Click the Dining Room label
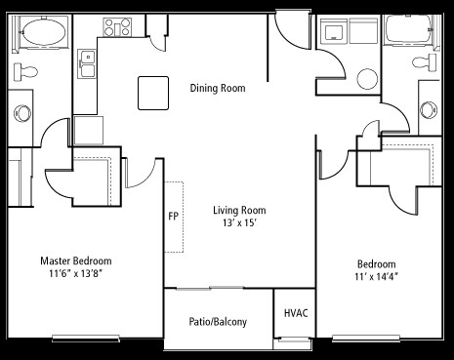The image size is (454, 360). (x=218, y=88)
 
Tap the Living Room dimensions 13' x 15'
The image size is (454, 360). (x=239, y=223)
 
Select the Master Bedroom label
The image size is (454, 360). (x=76, y=260)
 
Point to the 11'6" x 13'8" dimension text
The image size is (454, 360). (x=76, y=273)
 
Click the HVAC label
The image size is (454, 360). (x=296, y=313)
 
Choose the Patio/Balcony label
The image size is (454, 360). (x=218, y=322)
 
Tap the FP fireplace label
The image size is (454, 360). (x=173, y=217)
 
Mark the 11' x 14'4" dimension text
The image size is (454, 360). (x=377, y=277)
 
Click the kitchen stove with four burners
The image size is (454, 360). (x=117, y=27)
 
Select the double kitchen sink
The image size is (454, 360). (x=87, y=63)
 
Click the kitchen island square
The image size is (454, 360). (x=153, y=93)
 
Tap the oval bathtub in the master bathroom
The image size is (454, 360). (x=45, y=32)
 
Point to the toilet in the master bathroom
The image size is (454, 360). (x=25, y=71)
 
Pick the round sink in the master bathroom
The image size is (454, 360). (x=22, y=113)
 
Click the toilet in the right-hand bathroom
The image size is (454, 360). (x=424, y=62)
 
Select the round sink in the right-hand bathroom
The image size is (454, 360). (x=429, y=110)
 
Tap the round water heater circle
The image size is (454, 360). (x=367, y=79)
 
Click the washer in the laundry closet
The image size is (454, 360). (x=333, y=31)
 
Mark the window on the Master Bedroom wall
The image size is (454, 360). (x=86, y=339)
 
